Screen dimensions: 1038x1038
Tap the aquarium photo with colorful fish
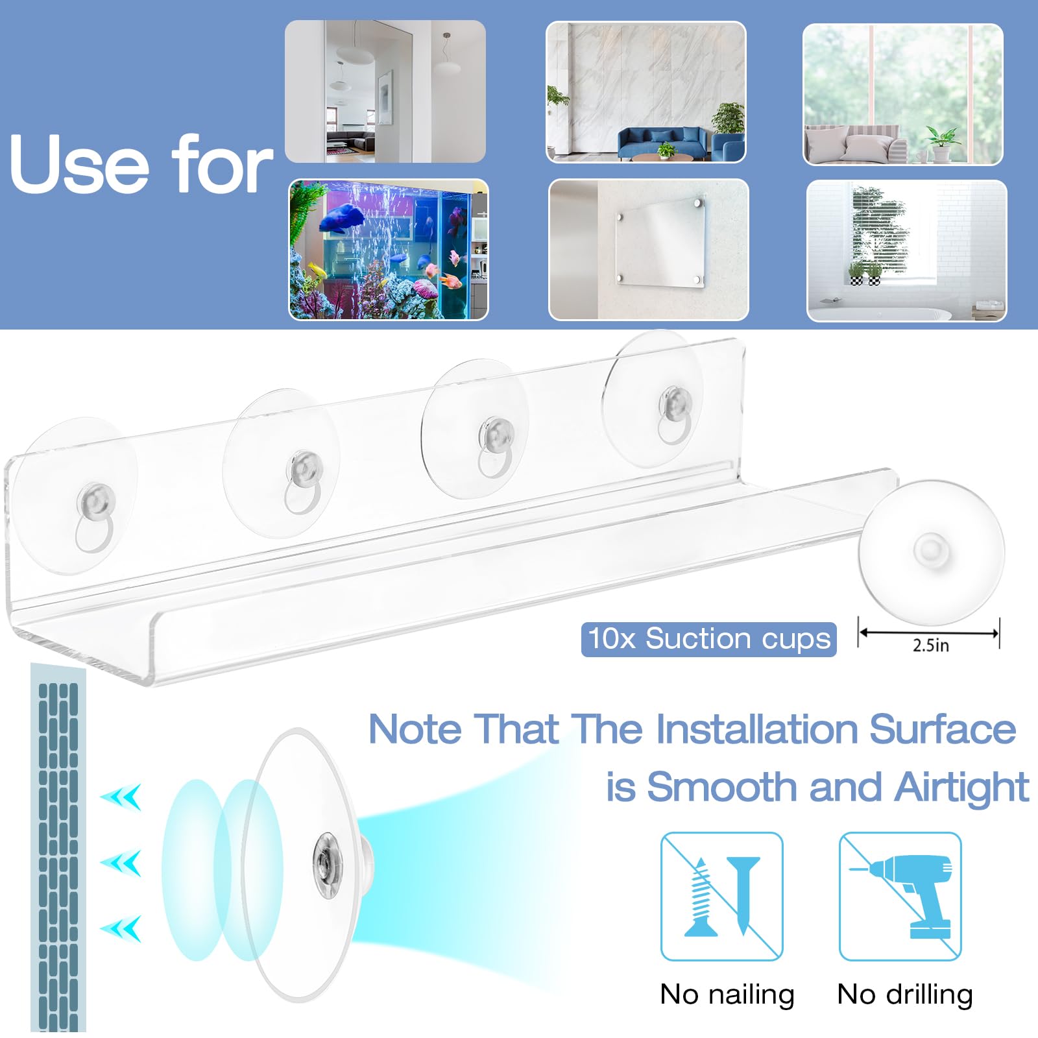click(x=388, y=250)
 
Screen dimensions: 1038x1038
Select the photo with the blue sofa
click(x=646, y=92)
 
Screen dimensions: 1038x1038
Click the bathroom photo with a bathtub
click(x=906, y=250)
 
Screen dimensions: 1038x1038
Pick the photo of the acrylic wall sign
click(x=649, y=250)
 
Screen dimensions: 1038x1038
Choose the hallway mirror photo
click(x=385, y=91)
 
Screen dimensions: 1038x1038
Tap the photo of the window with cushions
click(x=903, y=95)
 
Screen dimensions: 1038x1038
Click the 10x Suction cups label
click(x=708, y=639)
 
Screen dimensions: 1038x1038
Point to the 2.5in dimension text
click(x=930, y=645)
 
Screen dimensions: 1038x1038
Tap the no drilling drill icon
click(x=900, y=897)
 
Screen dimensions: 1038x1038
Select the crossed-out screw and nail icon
click(x=721, y=897)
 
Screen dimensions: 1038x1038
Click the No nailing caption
click(x=727, y=994)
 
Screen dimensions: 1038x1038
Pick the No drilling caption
click(x=905, y=994)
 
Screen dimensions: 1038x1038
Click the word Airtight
click(x=961, y=788)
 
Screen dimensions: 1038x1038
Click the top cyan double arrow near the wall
click(x=121, y=797)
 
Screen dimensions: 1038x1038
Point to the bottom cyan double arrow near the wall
click(x=121, y=928)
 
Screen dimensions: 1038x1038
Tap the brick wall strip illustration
click(x=58, y=847)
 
